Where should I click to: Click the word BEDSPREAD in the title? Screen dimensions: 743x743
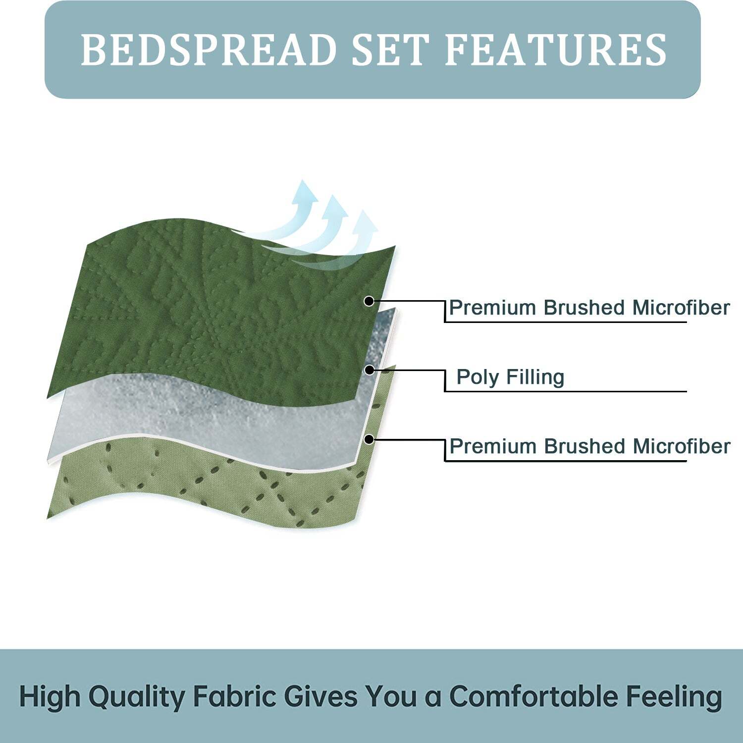click(208, 50)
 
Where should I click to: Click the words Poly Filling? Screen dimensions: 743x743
click(510, 377)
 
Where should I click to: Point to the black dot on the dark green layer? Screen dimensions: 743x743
click(369, 301)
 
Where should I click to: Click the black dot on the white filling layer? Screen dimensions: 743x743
click(369, 370)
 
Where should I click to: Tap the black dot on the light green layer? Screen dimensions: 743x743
click(369, 439)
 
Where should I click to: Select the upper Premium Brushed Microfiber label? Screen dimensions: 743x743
click(589, 308)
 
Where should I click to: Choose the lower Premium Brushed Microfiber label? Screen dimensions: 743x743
click(589, 446)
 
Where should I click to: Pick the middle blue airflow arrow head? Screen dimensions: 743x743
click(335, 205)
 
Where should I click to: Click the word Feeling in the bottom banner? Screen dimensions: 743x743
click(674, 696)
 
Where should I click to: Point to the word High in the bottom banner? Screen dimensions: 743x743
click(50, 696)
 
